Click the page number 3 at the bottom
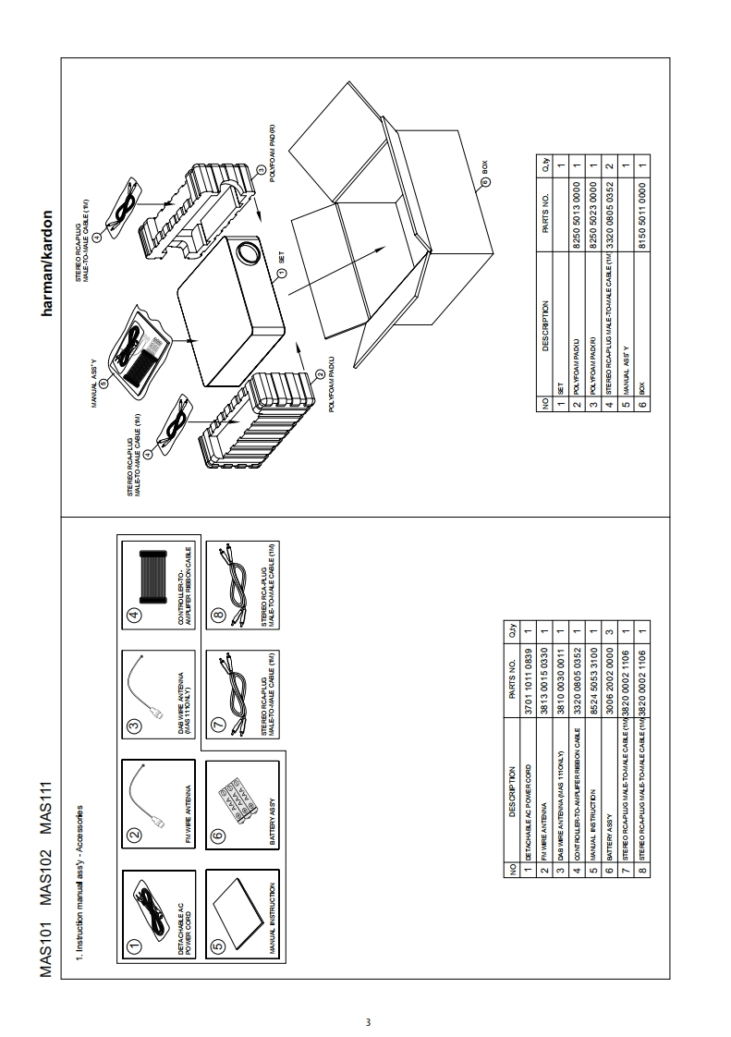pyautogui.click(x=368, y=1022)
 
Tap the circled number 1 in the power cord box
pyautogui.click(x=135, y=945)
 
